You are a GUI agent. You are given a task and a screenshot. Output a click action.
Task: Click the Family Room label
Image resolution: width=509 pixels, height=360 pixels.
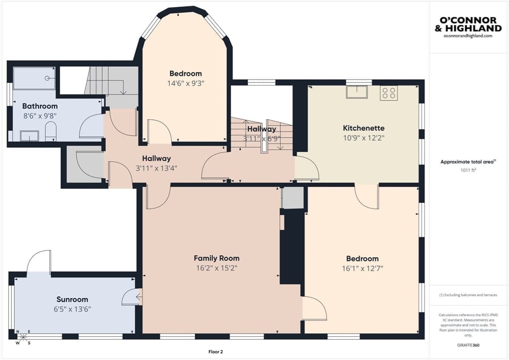(x=217, y=259)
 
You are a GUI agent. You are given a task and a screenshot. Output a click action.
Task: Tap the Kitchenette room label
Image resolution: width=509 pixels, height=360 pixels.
(x=363, y=128)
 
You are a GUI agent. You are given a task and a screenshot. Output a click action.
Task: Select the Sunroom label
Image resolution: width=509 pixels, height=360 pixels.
(x=72, y=299)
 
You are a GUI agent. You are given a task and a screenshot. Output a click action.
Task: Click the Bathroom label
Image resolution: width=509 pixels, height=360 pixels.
(x=40, y=106)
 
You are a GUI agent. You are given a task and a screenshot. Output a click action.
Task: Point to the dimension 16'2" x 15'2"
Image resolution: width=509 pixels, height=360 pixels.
(x=217, y=268)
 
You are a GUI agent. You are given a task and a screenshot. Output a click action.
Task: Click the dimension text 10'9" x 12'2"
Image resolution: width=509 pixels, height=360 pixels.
(x=363, y=138)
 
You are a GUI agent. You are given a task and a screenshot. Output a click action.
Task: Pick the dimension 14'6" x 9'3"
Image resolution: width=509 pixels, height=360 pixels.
(x=186, y=84)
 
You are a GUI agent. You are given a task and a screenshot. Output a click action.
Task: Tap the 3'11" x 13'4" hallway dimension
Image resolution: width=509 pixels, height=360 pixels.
(x=157, y=168)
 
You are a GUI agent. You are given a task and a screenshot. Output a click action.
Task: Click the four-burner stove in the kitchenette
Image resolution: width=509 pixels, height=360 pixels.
(x=389, y=92)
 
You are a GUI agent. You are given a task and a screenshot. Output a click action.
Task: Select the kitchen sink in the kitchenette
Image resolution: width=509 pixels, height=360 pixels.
(x=356, y=92)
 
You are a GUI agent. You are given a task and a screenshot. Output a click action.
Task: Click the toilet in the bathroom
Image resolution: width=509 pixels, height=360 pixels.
(x=50, y=131)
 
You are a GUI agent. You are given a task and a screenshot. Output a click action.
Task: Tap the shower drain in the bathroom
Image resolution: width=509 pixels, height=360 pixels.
(x=47, y=78)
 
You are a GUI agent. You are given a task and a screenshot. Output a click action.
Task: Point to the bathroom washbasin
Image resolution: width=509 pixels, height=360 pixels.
(x=29, y=136)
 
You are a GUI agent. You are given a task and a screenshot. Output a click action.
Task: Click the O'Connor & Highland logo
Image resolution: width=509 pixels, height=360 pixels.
(x=468, y=25)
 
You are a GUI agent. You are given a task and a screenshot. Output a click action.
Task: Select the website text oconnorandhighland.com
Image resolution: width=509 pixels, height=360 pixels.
(x=468, y=36)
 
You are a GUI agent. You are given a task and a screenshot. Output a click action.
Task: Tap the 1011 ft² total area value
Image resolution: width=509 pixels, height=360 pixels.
(x=468, y=170)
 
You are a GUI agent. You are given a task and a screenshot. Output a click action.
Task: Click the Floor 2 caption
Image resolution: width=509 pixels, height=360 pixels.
(x=216, y=352)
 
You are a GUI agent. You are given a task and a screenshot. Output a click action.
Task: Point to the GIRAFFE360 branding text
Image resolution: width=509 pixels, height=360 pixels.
(x=468, y=345)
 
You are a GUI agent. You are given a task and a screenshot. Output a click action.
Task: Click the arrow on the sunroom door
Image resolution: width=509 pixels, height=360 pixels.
(x=139, y=297)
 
